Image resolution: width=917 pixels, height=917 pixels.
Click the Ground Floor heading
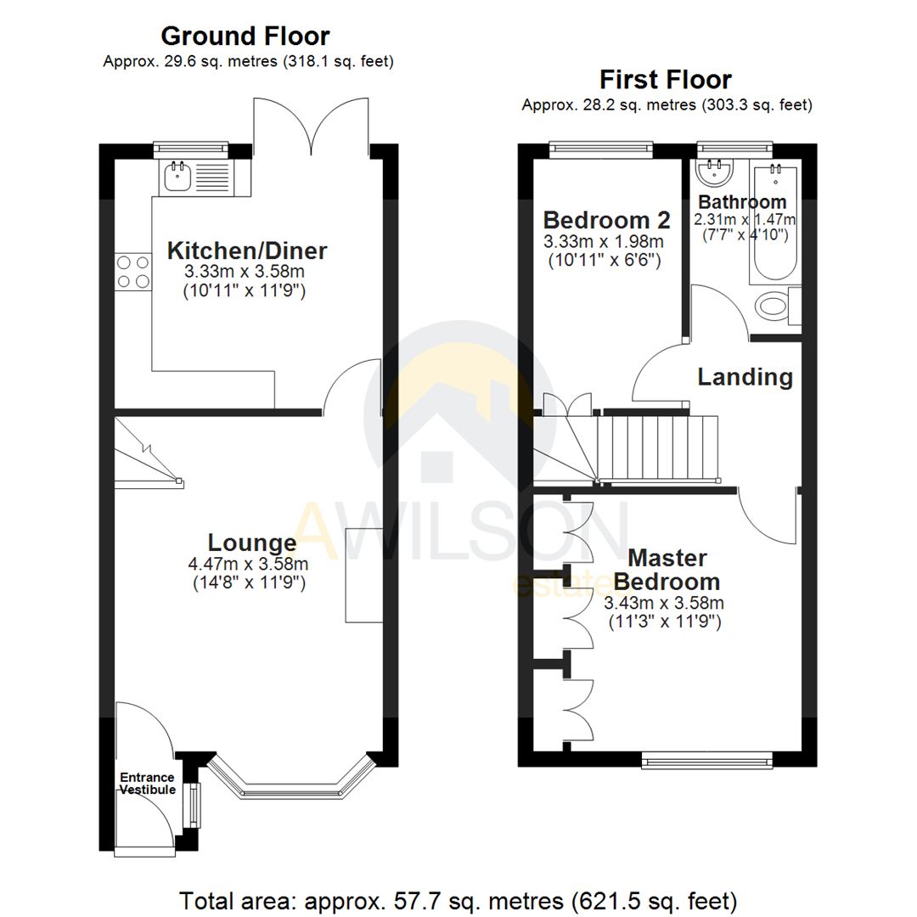pyautogui.click(x=245, y=37)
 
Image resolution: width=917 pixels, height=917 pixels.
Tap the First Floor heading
pyautogui.click(x=666, y=81)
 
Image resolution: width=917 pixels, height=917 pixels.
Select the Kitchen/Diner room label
pyautogui.click(x=247, y=251)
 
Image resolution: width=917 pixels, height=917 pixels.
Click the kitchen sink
pyautogui.click(x=179, y=177)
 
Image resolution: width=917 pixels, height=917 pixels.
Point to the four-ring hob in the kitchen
pyautogui.click(x=133, y=273)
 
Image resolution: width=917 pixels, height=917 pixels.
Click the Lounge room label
pyautogui.click(x=252, y=543)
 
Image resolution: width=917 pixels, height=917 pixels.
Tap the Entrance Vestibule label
pyautogui.click(x=147, y=784)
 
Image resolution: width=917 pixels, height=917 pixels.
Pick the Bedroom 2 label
pyautogui.click(x=606, y=221)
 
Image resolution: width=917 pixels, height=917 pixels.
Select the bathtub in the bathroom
pyautogui.click(x=774, y=225)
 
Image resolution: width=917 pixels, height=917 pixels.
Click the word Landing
pyautogui.click(x=745, y=377)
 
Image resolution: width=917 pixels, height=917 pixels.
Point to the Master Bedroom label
pyautogui.click(x=667, y=571)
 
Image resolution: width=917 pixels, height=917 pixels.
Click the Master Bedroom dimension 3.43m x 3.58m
pyautogui.click(x=663, y=604)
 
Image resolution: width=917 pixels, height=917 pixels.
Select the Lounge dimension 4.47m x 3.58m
pyautogui.click(x=247, y=564)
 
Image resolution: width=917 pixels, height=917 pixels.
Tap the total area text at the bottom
pyautogui.click(x=458, y=899)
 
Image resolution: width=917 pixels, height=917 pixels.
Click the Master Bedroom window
pyautogui.click(x=707, y=760)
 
